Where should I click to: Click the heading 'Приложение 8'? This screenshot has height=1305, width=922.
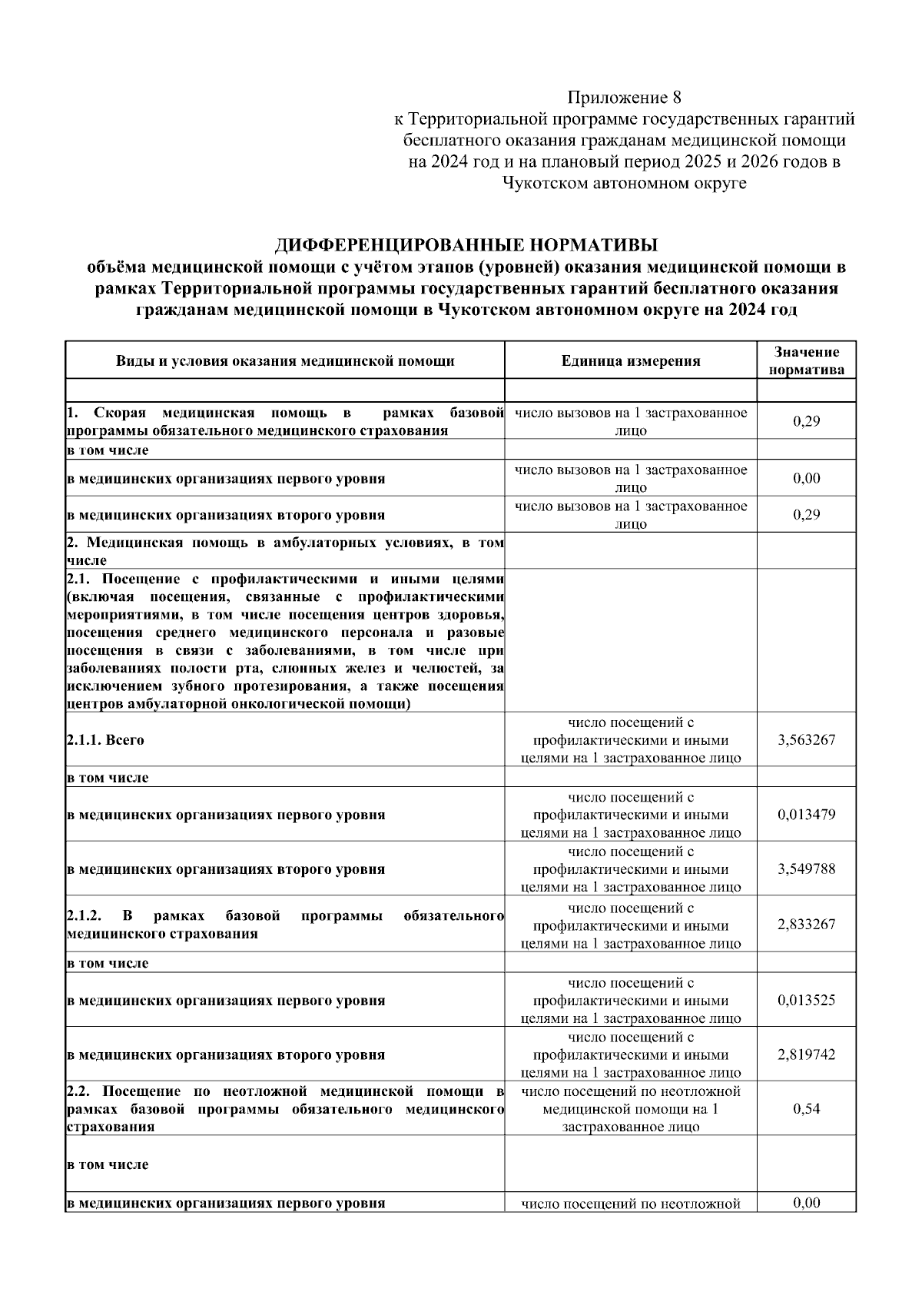tap(624, 98)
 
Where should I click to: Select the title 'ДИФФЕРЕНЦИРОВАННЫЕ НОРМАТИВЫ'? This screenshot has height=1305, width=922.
tap(466, 246)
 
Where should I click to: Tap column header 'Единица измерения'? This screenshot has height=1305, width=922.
tap(630, 361)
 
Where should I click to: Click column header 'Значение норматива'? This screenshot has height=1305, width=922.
tap(806, 360)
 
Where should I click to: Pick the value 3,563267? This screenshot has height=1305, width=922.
tap(806, 740)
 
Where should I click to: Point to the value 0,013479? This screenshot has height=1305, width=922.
tap(806, 814)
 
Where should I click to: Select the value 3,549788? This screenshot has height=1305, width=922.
tap(806, 869)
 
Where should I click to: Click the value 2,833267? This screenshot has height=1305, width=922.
tap(806, 925)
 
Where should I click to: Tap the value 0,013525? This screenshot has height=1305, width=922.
tap(806, 1000)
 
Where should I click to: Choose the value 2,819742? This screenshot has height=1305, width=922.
tap(806, 1054)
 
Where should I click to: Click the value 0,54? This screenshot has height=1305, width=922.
tap(806, 1109)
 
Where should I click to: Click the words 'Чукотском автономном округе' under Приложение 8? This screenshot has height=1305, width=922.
tap(624, 184)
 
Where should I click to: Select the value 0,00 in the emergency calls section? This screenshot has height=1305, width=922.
tap(806, 478)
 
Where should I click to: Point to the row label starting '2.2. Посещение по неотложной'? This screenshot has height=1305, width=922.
tap(284, 1109)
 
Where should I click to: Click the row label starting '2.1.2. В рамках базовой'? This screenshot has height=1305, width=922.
tap(284, 925)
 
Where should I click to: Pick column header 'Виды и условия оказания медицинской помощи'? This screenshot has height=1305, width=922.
tap(285, 361)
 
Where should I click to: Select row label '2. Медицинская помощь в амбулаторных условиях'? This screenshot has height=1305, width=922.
tap(284, 551)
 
